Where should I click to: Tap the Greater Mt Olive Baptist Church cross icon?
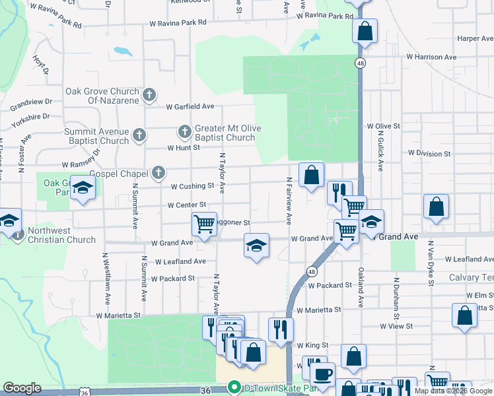click(184, 133)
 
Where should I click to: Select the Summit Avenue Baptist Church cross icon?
click(139, 135)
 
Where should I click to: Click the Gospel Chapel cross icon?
click(158, 173)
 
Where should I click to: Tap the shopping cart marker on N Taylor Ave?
click(205, 224)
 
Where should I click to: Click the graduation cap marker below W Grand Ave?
click(256, 246)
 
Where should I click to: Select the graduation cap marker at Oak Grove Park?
click(83, 187)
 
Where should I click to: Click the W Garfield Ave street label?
click(190, 106)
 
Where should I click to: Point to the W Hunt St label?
click(184, 148)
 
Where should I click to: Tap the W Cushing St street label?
click(193, 186)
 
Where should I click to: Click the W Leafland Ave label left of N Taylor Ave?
click(182, 261)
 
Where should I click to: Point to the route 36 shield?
click(84, 392)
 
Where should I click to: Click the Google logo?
click(22, 388)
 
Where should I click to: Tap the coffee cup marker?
click(322, 374)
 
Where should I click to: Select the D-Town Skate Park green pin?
click(233, 387)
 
